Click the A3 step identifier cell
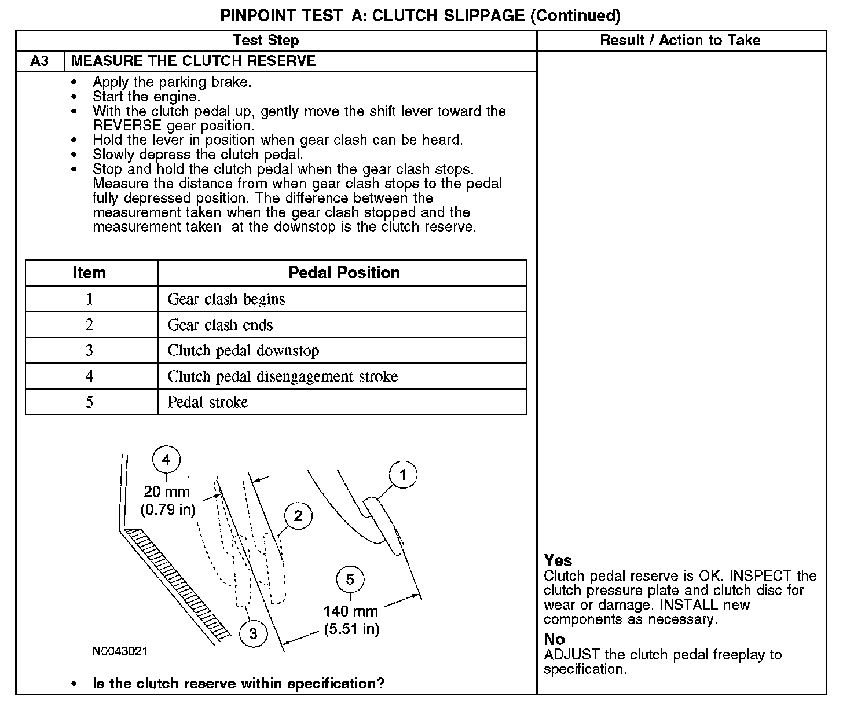click(x=40, y=61)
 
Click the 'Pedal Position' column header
click(x=344, y=273)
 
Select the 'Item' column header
click(x=89, y=273)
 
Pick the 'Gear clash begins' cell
click(x=226, y=299)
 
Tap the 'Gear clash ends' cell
click(x=220, y=325)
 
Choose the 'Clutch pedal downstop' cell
click(x=243, y=351)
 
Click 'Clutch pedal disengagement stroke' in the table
click(x=283, y=376)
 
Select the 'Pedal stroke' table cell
click(x=207, y=402)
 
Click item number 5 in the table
click(x=89, y=402)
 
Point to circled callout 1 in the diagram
click(x=403, y=476)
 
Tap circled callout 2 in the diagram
click(x=298, y=515)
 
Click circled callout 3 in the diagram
click(x=253, y=633)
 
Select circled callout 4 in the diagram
click(x=166, y=460)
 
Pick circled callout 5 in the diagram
click(x=350, y=580)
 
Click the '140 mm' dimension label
click(x=351, y=611)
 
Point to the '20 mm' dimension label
click(x=167, y=492)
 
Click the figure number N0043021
click(x=120, y=651)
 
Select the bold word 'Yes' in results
click(x=558, y=560)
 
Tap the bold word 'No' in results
click(x=554, y=639)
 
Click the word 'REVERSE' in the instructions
click(x=127, y=126)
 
